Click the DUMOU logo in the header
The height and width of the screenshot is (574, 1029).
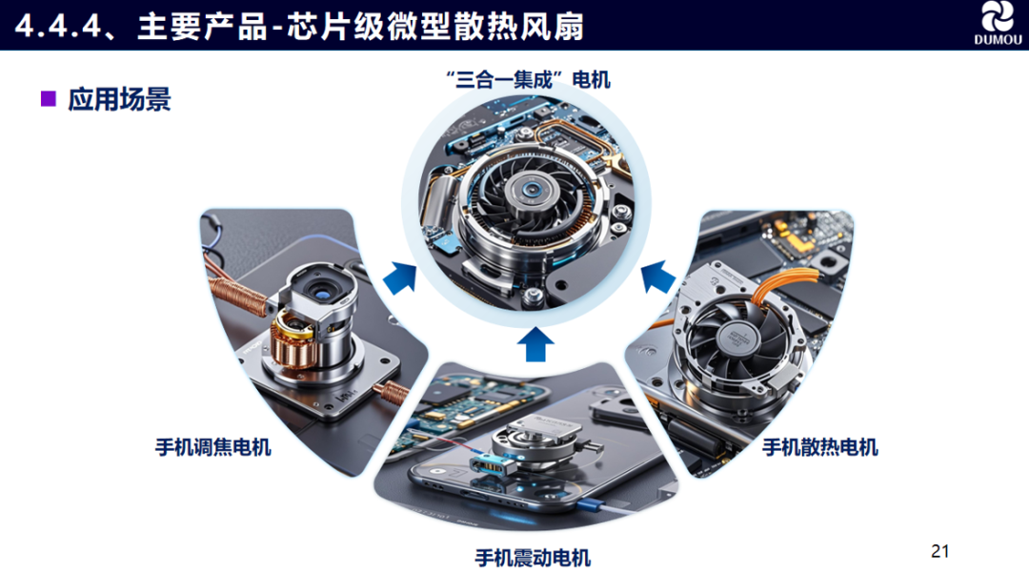998,23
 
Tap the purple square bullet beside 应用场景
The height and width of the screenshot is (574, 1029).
49,98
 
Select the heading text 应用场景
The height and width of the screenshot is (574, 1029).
119,99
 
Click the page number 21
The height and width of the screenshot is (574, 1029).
939,551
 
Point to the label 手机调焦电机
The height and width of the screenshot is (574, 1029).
213,447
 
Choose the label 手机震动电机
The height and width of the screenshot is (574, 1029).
533,558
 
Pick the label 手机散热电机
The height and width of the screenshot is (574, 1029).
819,447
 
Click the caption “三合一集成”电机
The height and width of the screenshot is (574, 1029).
528,79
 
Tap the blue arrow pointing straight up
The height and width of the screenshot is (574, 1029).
535,344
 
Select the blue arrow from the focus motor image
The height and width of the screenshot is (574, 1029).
400,278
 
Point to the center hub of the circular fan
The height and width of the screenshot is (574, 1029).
532,191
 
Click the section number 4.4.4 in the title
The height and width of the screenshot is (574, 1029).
58,27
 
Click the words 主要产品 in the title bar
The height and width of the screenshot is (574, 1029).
203,27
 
